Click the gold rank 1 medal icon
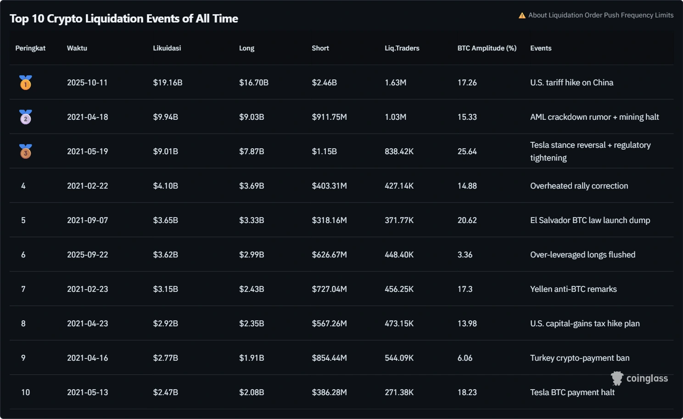[x=26, y=83]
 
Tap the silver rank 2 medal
[x=26, y=117]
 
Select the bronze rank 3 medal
[x=26, y=151]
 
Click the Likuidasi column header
[x=167, y=48]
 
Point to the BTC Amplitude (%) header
[x=487, y=48]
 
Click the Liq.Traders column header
[x=402, y=48]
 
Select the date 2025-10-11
[x=87, y=83]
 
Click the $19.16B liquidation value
[x=168, y=83]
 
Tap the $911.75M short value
[x=329, y=117]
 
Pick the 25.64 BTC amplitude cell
[x=467, y=151]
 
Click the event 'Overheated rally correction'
[x=579, y=186]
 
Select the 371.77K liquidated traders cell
[x=399, y=220]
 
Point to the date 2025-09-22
[x=87, y=255]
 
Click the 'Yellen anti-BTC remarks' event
[x=573, y=289]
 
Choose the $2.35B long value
[x=251, y=324]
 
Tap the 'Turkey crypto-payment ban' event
[x=580, y=358]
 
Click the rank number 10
[x=25, y=392]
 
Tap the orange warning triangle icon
[x=522, y=16]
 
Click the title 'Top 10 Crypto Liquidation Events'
[x=124, y=19]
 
